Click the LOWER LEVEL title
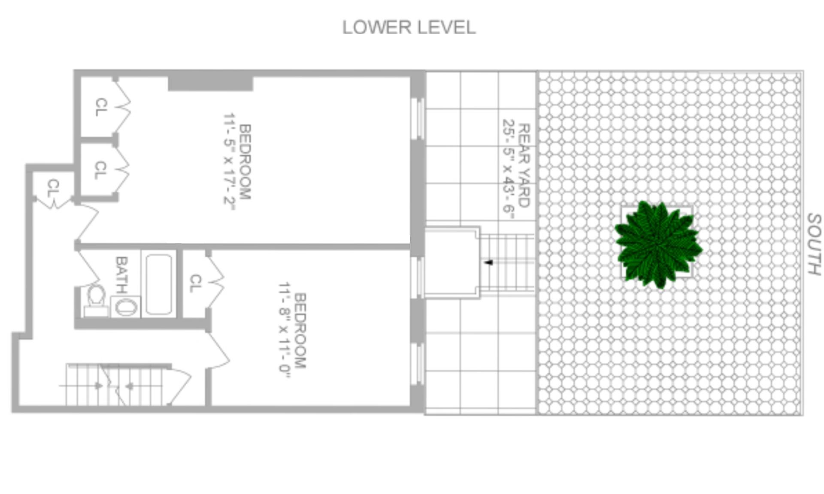(409, 27)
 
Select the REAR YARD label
(524, 166)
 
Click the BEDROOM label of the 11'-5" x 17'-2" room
(244, 162)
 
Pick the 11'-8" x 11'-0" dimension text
(285, 330)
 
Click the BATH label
(121, 274)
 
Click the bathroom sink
(126, 307)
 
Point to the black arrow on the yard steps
(488, 262)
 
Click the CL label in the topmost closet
(101, 107)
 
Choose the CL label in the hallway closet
(53, 188)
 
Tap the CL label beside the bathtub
(195, 283)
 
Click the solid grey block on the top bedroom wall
(210, 83)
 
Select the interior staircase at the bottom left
(116, 385)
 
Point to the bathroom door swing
(90, 268)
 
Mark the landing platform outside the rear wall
(452, 262)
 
